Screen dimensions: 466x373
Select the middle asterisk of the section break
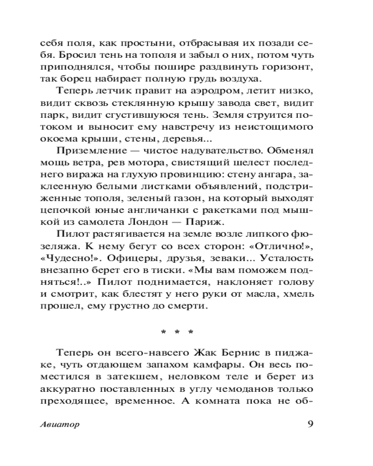point(177,332)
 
